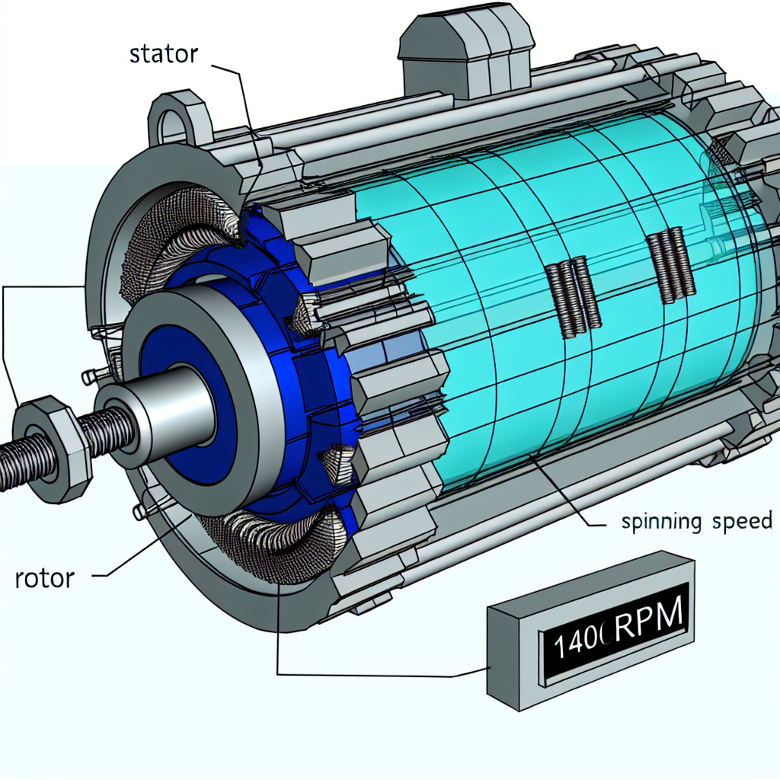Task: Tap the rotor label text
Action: pos(45,578)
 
